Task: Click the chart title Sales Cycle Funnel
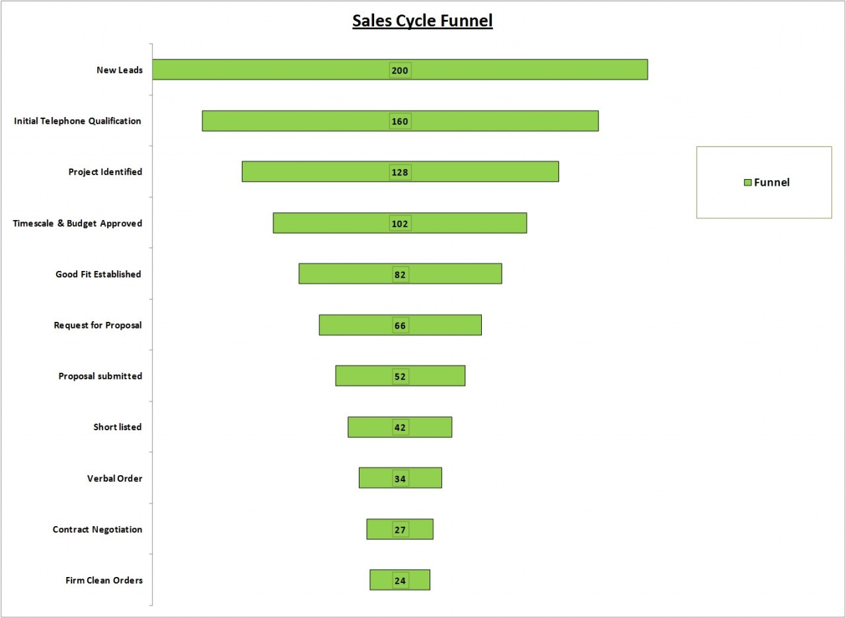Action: pyautogui.click(x=422, y=21)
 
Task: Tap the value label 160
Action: pyautogui.click(x=400, y=122)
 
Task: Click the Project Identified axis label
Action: pyautogui.click(x=105, y=172)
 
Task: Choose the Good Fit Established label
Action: pyautogui.click(x=98, y=274)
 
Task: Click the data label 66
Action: pyautogui.click(x=400, y=326)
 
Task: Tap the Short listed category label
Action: pyautogui.click(x=117, y=427)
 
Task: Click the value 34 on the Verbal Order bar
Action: pyautogui.click(x=400, y=479)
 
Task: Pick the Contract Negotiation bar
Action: pyautogui.click(x=380, y=529)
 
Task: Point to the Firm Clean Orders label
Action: pyautogui.click(x=104, y=581)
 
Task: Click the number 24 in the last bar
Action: pyautogui.click(x=400, y=581)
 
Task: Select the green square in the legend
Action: pyautogui.click(x=748, y=182)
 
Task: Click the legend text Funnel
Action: pyautogui.click(x=772, y=182)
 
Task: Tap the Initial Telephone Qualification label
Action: pyautogui.click(x=77, y=121)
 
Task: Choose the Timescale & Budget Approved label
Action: pyautogui.click(x=77, y=223)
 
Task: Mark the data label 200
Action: pyautogui.click(x=400, y=71)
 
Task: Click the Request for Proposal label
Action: pyautogui.click(x=98, y=325)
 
